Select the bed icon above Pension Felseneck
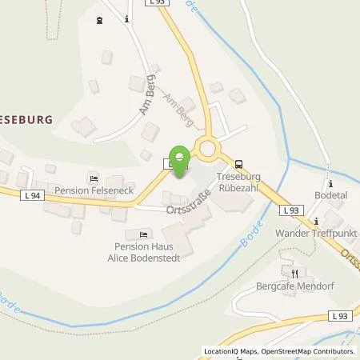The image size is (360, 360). (94, 178)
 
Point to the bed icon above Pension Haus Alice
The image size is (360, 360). (144, 234)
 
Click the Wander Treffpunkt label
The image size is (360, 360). (309, 233)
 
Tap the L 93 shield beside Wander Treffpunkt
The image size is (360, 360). (291, 210)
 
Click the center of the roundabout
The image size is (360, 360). (210, 146)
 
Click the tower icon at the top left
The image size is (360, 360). (99, 20)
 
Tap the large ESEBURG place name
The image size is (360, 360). (26, 119)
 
